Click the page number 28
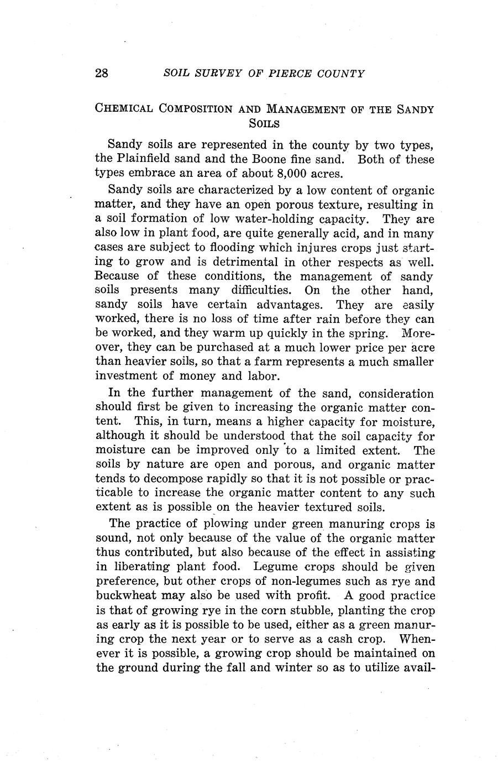pos(102,74)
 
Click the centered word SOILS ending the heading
pos(264,123)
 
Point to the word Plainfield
pos(146,160)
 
